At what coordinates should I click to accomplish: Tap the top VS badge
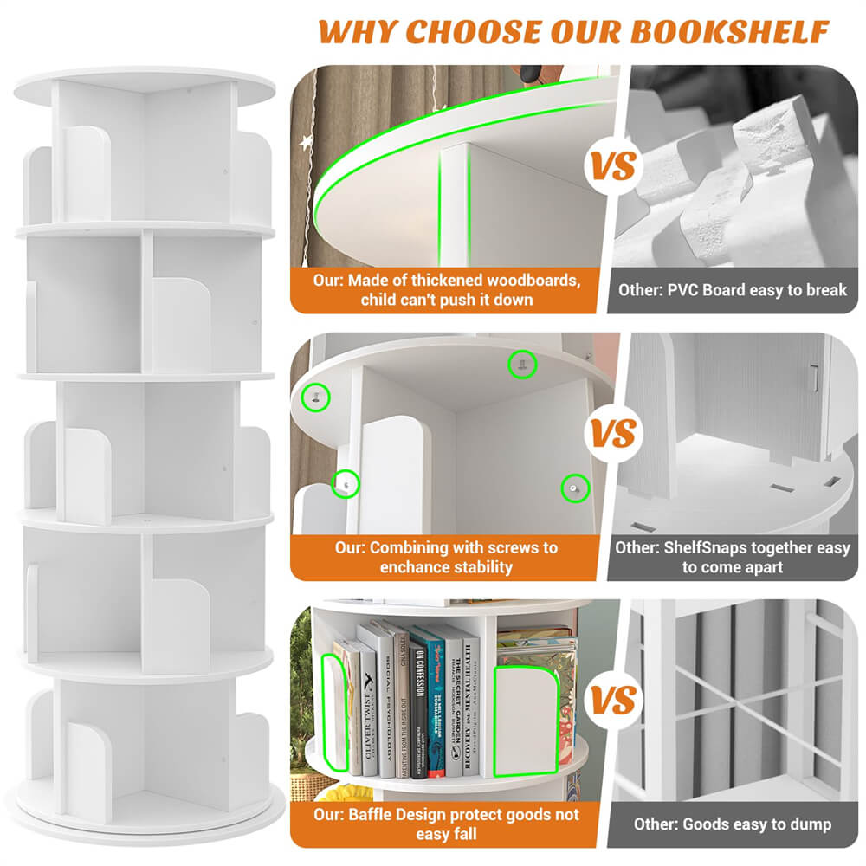click(x=614, y=165)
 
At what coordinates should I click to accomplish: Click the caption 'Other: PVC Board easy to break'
click(x=732, y=290)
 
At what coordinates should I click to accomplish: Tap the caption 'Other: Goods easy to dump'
click(x=732, y=824)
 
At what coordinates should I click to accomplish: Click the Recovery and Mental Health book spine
click(x=470, y=706)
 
